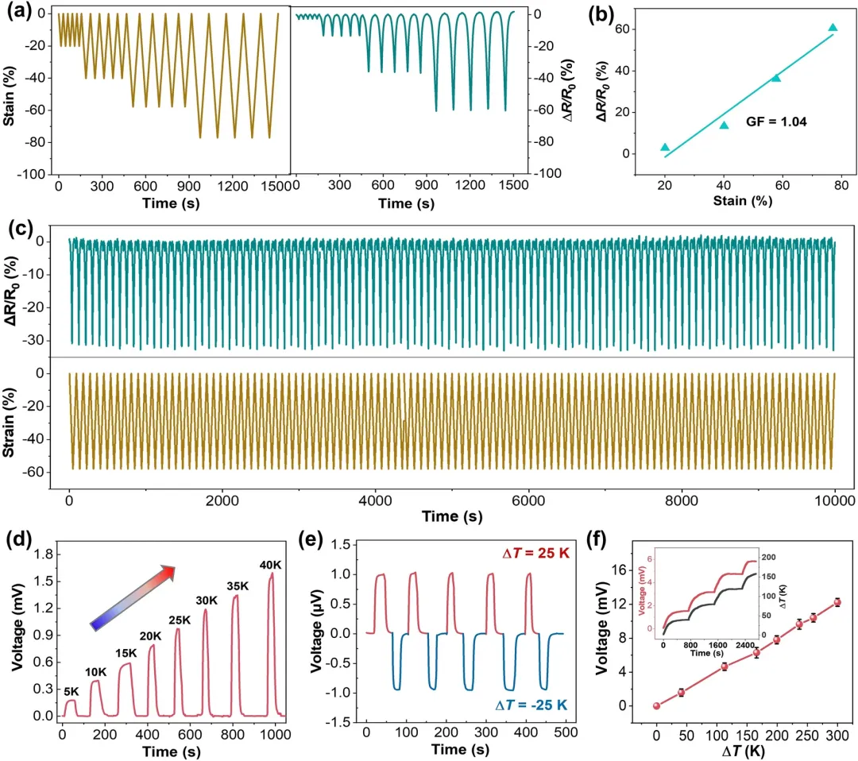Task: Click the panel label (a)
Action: tap(17, 12)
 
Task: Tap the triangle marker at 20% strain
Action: tap(665, 147)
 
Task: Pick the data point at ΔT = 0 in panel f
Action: tap(656, 705)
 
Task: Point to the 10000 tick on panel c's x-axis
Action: tap(833, 500)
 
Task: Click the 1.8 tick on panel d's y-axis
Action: tap(47, 554)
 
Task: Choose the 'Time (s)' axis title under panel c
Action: tap(450, 517)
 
